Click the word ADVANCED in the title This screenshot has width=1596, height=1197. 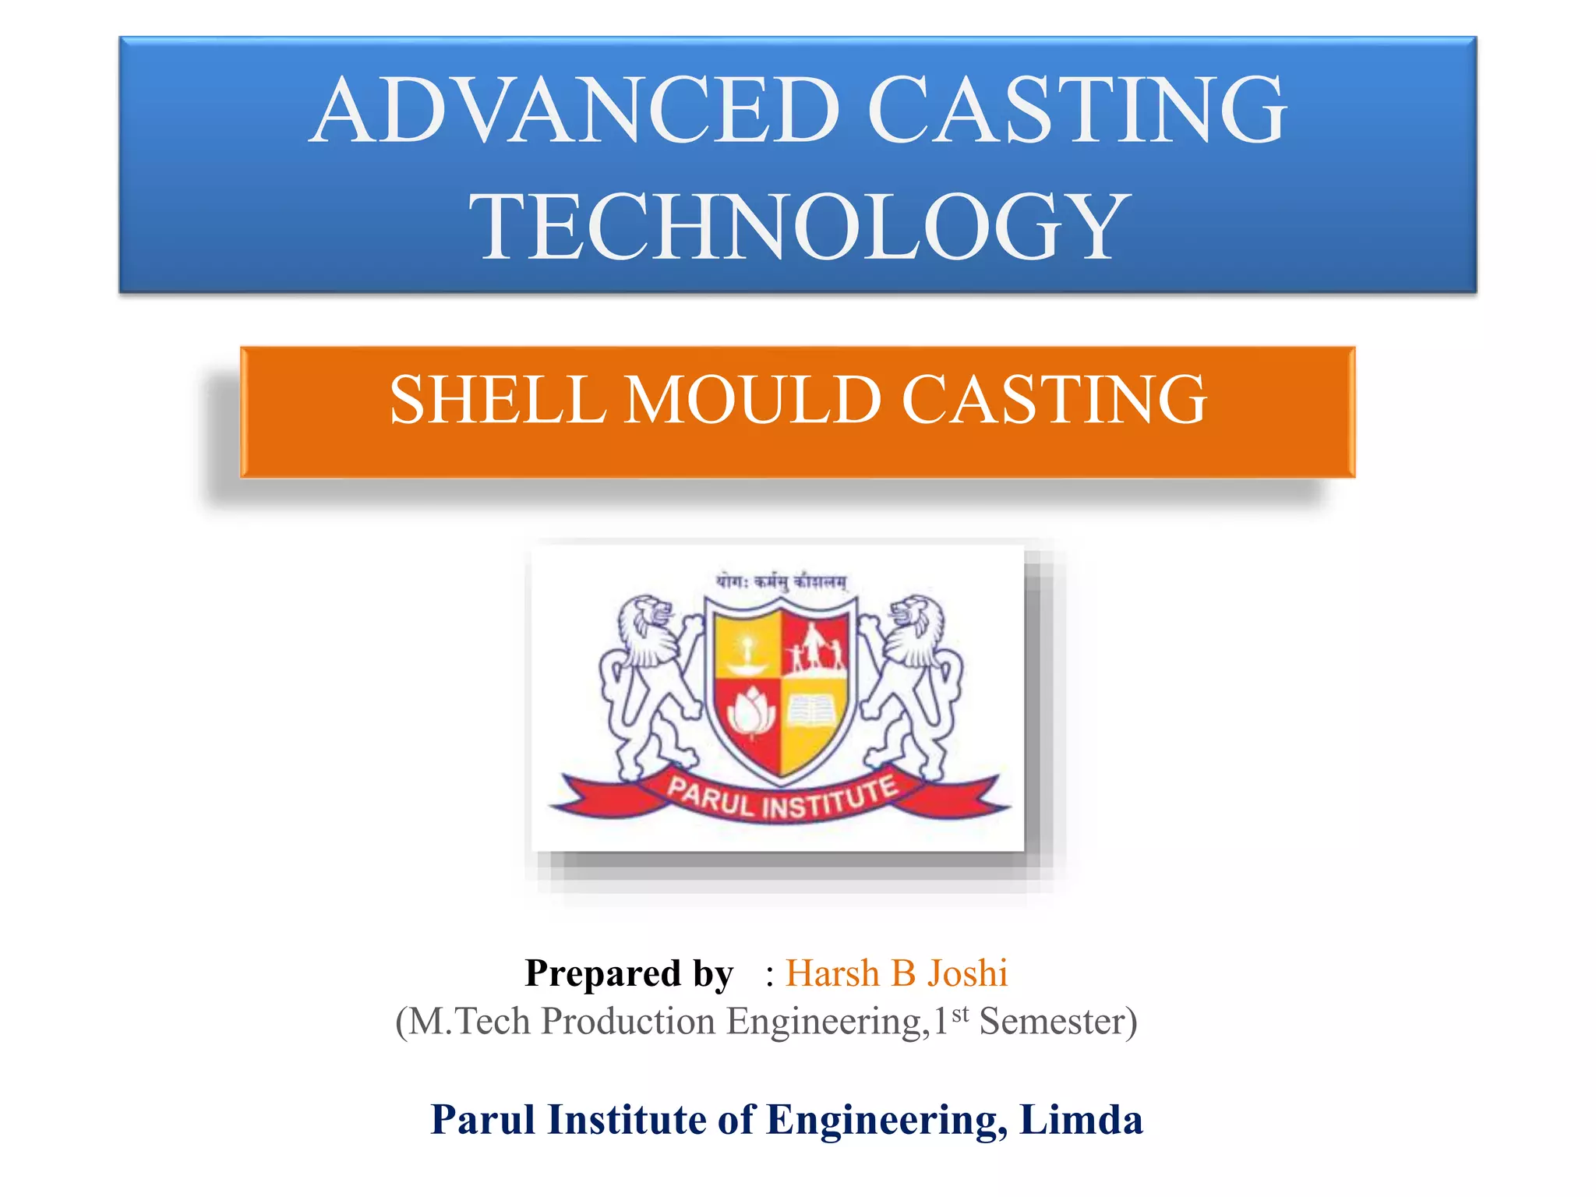pyautogui.click(x=577, y=111)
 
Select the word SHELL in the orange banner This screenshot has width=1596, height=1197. pyautogui.click(x=497, y=400)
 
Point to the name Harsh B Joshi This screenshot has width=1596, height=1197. pyautogui.click(x=896, y=973)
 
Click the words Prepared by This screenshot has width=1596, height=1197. pyautogui.click(x=629, y=973)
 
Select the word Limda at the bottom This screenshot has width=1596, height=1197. pyautogui.click(x=1081, y=1120)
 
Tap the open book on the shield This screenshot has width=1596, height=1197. pyautogui.click(x=814, y=711)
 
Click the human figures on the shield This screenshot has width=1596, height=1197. pyautogui.click(x=814, y=647)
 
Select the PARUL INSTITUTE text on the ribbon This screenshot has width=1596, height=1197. pyautogui.click(x=782, y=798)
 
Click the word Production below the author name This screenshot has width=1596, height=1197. pyautogui.click(x=628, y=1021)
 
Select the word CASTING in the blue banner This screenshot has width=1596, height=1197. pyautogui.click(x=1076, y=111)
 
